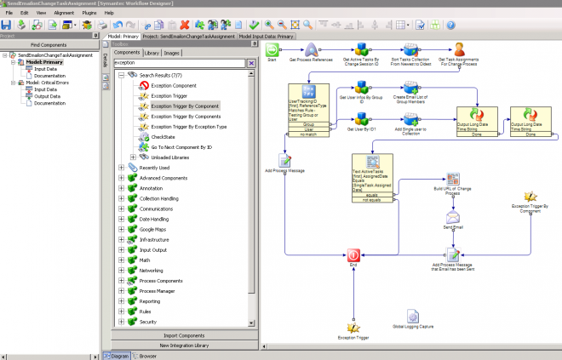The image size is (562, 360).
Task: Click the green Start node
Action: (x=272, y=51)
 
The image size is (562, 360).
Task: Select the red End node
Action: (x=353, y=254)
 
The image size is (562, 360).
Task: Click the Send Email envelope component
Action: (x=453, y=217)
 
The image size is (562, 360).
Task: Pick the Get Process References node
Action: (x=311, y=50)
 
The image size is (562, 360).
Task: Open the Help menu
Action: (x=109, y=14)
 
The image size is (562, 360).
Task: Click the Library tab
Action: (x=152, y=53)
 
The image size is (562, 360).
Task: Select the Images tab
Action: (x=173, y=53)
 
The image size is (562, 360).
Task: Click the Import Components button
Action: (x=184, y=335)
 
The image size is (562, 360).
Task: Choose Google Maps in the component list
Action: (x=153, y=230)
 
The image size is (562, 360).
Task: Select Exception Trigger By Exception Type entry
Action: (x=188, y=126)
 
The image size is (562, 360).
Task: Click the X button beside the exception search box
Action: (x=251, y=63)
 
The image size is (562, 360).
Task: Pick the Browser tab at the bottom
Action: (x=147, y=355)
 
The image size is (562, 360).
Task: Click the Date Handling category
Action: (x=156, y=219)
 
